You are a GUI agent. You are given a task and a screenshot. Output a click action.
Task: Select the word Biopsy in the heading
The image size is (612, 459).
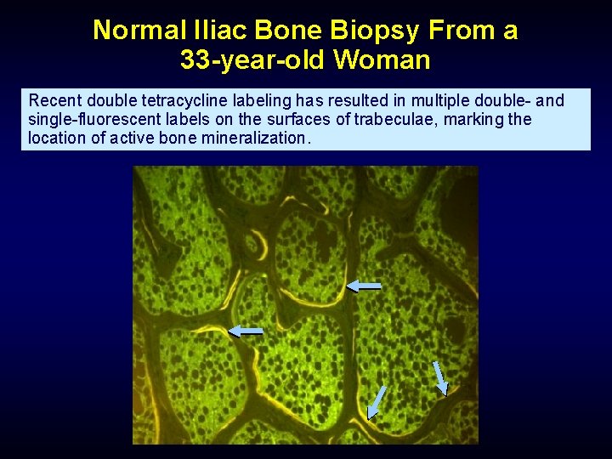(381, 31)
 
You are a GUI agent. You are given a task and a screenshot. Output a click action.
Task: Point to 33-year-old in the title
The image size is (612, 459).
(252, 60)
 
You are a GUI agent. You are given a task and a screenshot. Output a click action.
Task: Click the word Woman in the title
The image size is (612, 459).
(382, 60)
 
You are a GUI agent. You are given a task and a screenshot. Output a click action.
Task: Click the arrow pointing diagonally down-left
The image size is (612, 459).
(376, 402)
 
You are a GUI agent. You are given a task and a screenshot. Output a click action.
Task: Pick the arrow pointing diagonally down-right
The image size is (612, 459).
(439, 378)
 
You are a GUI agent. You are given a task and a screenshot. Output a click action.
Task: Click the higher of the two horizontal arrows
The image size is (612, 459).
(364, 287)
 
